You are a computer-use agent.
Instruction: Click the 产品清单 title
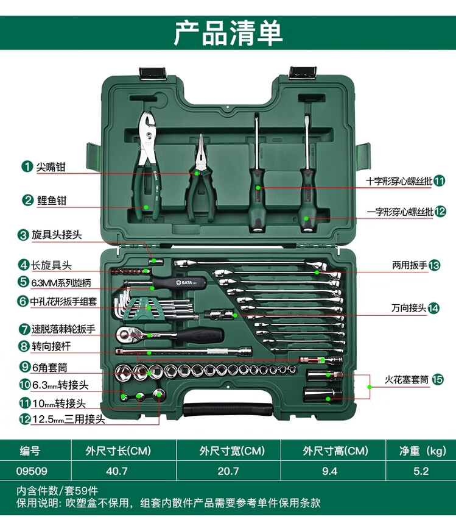(x=228, y=33)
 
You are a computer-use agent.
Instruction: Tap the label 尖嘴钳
(x=51, y=166)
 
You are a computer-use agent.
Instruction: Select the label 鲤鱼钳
(x=52, y=201)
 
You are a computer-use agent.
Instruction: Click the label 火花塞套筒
(x=407, y=379)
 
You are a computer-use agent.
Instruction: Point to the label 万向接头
(x=409, y=308)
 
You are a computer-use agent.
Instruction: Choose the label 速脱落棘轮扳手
(x=63, y=329)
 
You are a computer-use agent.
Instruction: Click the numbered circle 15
(x=438, y=379)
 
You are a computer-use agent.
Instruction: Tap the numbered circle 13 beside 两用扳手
(x=434, y=265)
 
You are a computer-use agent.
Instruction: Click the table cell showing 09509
(x=32, y=471)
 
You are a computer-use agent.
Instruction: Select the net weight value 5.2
(x=421, y=471)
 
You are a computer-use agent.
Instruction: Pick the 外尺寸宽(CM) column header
(x=232, y=451)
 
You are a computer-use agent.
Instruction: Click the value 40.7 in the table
(x=117, y=471)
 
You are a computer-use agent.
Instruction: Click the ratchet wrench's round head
(x=124, y=334)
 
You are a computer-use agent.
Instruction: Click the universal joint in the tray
(x=219, y=315)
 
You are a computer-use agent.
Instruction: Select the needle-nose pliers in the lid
(x=200, y=177)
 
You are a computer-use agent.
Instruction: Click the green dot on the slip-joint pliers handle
(x=146, y=207)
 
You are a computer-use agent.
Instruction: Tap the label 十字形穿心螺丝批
(x=399, y=181)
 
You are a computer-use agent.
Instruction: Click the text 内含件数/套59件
(x=57, y=491)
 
